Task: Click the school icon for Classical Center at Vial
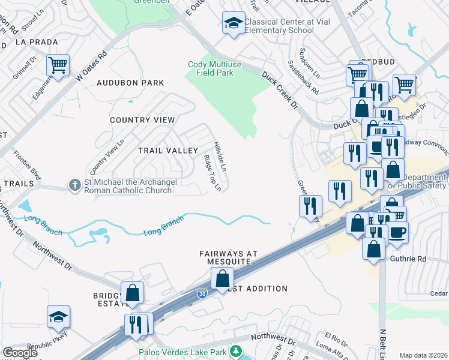234,23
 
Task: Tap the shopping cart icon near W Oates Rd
58,65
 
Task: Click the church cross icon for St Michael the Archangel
75,185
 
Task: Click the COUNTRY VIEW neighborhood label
142,120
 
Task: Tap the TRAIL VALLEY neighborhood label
168,150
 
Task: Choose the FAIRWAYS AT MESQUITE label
228,258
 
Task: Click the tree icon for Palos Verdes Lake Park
238,351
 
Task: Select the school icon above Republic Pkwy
59,317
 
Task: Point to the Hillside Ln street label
220,157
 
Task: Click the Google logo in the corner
20,353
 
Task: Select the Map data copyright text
423,355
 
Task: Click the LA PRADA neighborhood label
37,43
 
